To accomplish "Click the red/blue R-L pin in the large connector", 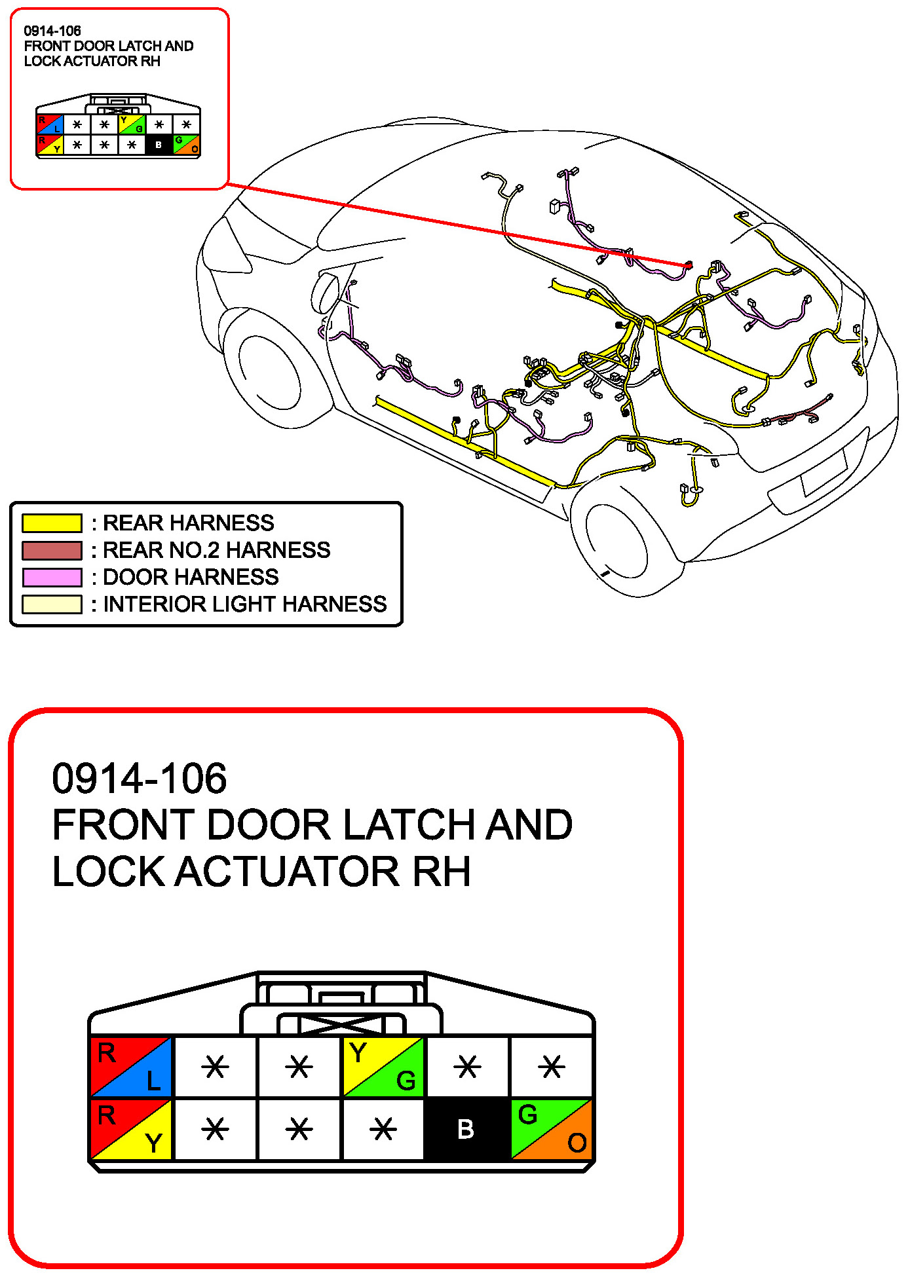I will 131,1067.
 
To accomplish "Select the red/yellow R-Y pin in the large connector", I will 131,1129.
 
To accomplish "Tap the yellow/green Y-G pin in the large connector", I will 384,1067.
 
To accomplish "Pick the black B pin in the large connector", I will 466,1129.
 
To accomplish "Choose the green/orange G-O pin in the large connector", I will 552,1129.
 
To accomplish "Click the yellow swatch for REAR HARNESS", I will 52,523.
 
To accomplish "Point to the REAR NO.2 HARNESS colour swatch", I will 52,550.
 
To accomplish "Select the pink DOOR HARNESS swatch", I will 52,577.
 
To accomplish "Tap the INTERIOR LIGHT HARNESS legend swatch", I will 52,604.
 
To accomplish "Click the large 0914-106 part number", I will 139,779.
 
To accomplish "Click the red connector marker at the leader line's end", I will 689,265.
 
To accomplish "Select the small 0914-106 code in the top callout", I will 52,31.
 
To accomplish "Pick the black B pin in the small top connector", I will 159,145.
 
